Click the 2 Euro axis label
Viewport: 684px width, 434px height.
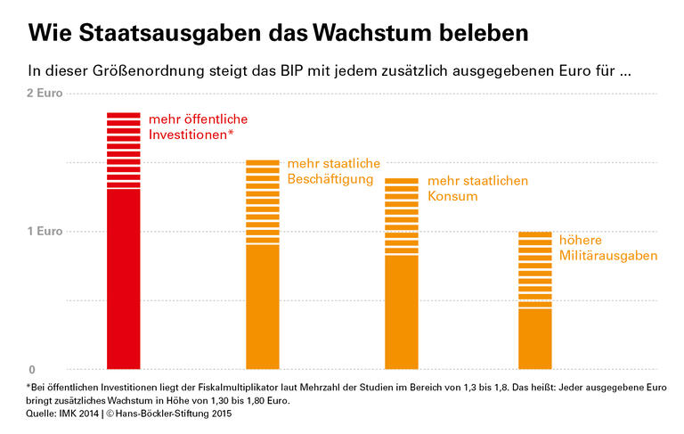point(45,93)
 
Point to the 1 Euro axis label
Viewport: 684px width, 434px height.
point(45,232)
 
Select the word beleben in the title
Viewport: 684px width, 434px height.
point(488,33)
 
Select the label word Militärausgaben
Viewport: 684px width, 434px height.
point(608,256)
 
